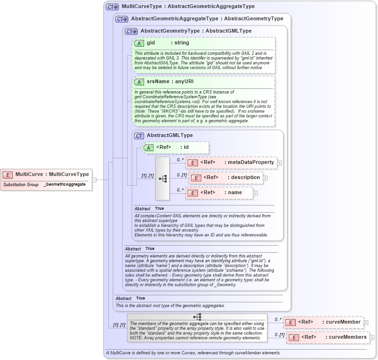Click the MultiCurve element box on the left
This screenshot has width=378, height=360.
46,174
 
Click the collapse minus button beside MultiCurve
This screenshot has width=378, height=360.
94,180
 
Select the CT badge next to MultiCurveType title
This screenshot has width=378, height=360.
112,7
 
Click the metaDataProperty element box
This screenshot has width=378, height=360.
231,163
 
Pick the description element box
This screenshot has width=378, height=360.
225,178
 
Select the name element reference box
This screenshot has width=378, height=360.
218,193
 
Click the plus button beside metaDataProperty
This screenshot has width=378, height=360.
279,163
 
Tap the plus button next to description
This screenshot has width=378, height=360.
265,178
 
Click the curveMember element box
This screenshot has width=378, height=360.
323,322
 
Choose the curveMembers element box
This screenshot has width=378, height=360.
327,337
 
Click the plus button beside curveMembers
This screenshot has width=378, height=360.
372,338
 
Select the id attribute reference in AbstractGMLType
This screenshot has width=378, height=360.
175,147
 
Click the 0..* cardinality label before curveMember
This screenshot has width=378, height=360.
278,319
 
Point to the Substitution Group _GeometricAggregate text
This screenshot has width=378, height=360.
46,184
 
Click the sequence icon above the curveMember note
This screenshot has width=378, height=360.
197,317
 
